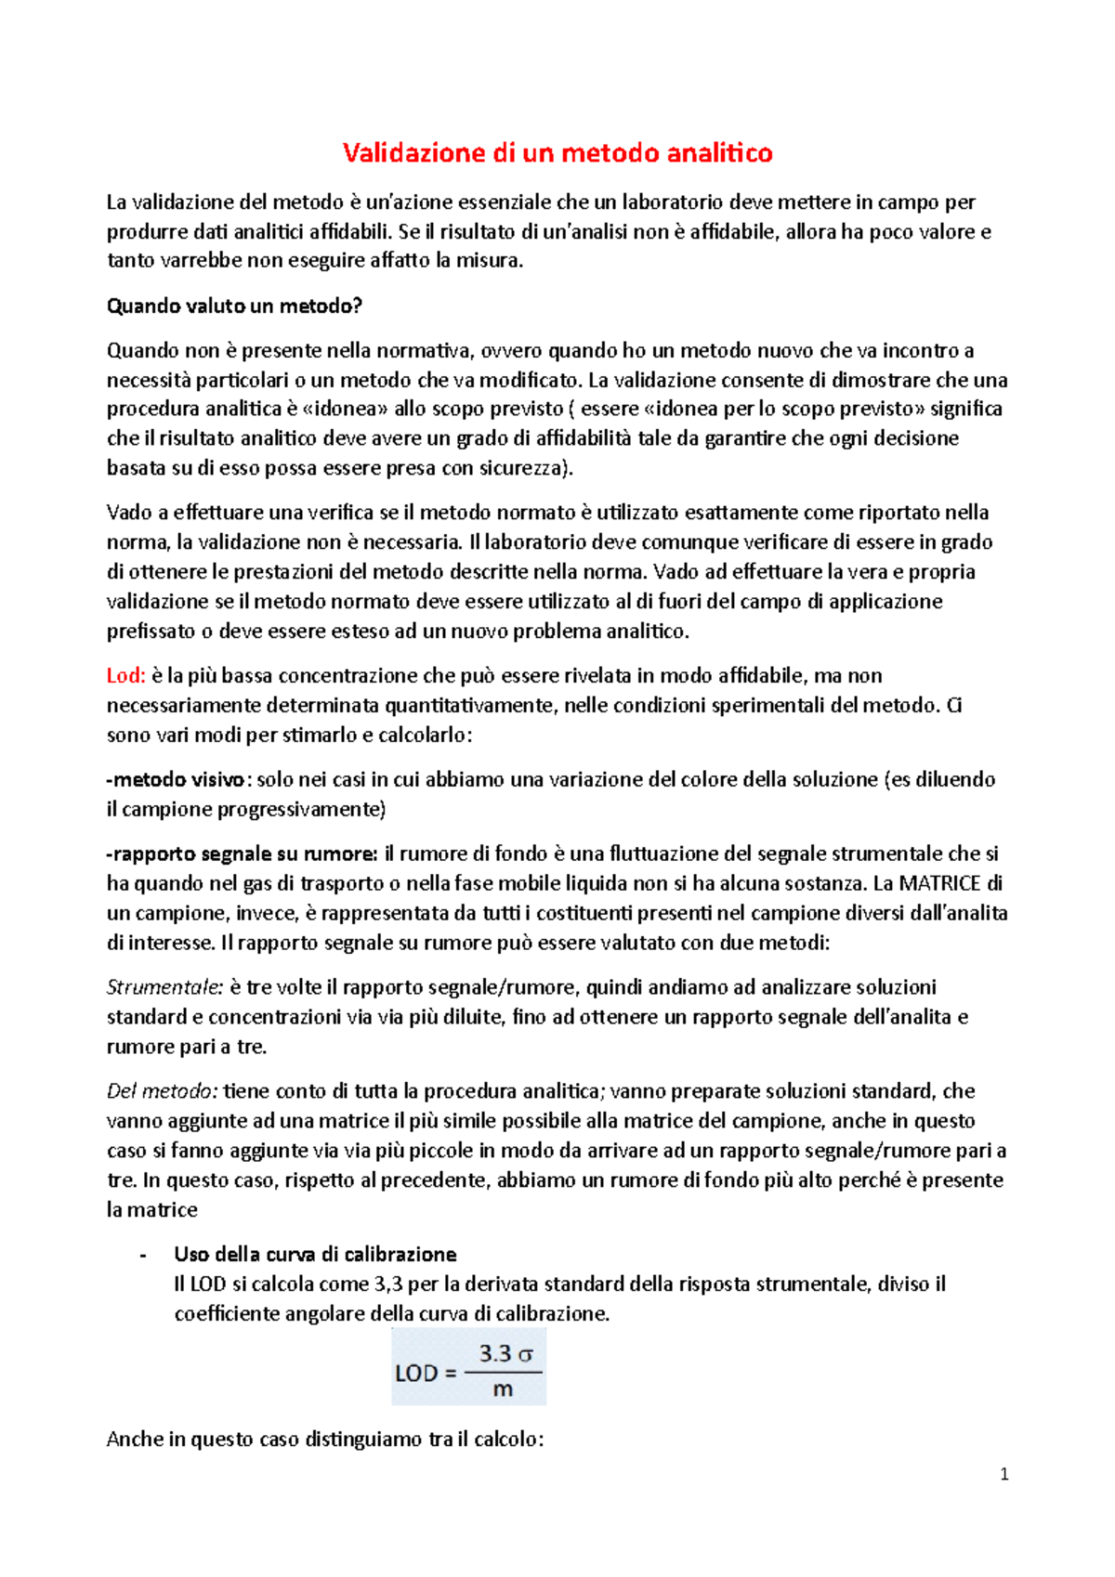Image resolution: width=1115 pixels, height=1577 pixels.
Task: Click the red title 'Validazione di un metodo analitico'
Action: (557, 152)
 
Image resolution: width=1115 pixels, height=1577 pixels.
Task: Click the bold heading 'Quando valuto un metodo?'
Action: (234, 306)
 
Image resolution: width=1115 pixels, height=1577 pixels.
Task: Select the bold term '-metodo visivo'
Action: (177, 779)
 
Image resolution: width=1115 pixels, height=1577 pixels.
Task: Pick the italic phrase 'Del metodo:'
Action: (163, 1090)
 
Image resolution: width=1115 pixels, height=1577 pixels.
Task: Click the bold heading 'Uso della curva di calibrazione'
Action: (315, 1254)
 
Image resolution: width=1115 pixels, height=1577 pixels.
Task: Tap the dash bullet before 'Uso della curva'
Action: (142, 1255)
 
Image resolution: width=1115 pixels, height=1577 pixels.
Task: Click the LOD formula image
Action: (468, 1365)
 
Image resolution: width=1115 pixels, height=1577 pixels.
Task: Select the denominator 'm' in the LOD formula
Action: (503, 1389)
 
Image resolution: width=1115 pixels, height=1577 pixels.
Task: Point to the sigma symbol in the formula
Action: (525, 1354)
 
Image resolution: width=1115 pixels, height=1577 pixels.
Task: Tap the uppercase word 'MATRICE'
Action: (939, 883)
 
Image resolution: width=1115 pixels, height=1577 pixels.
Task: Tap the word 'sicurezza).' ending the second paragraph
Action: (525, 467)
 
